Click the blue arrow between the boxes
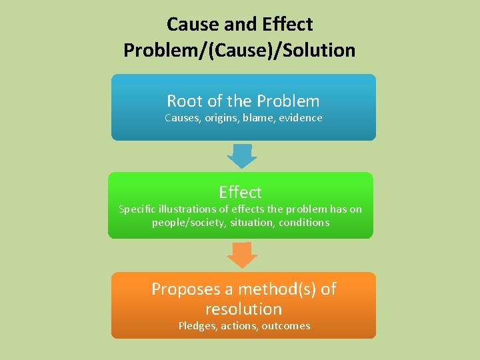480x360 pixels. tap(241, 156)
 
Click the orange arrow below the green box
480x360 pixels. tap(241, 255)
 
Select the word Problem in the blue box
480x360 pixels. tap(288, 101)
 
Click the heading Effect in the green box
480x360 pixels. tap(240, 192)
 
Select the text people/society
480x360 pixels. tap(189, 223)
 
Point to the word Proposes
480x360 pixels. tap(185, 289)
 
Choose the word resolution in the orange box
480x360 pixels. tap(243, 309)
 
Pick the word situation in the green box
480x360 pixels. tap(248, 223)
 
